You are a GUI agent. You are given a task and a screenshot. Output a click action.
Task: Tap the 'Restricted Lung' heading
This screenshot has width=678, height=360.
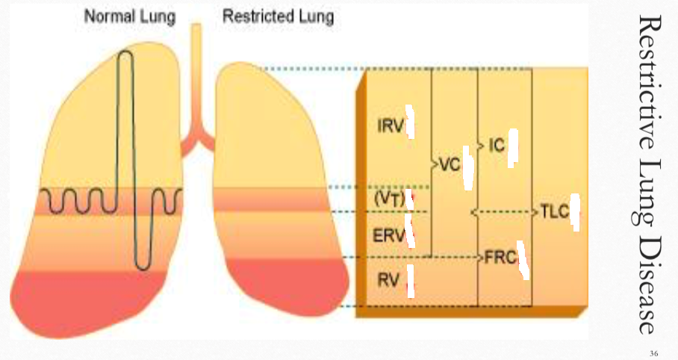tap(278, 16)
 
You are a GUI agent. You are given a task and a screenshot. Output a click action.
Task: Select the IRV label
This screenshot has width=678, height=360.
tap(390, 125)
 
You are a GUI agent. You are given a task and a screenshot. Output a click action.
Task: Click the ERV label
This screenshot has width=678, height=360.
tap(390, 235)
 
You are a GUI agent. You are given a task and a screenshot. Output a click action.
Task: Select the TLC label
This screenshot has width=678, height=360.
tap(553, 211)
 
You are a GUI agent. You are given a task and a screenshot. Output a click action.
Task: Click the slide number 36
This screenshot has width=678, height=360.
tap(654, 353)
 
